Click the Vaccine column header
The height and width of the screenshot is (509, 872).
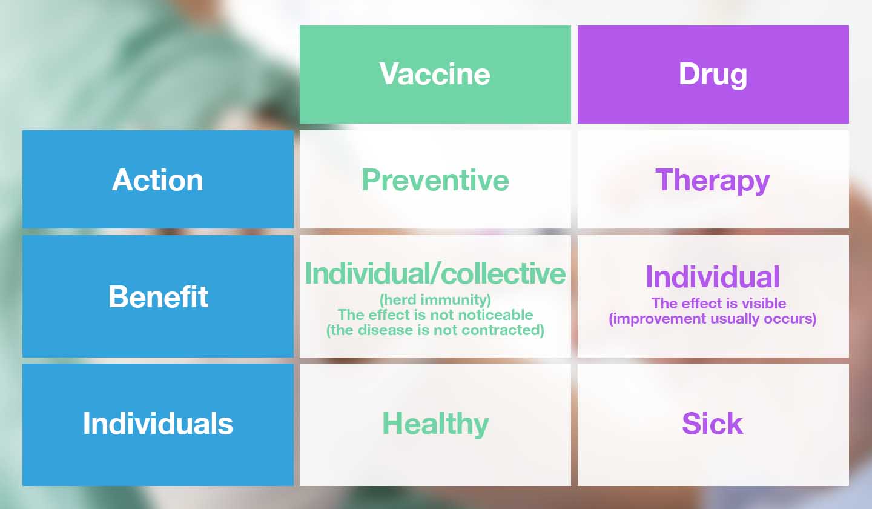[x=435, y=74]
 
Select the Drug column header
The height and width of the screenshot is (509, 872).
[x=713, y=74]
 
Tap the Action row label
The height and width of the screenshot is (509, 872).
[x=157, y=180]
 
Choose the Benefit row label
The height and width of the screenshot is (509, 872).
[x=158, y=296]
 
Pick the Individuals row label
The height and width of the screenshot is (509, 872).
[x=158, y=424]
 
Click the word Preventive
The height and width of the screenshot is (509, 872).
[x=435, y=180]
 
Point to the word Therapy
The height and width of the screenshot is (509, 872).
[x=713, y=180]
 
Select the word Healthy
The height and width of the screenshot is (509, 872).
[x=435, y=424]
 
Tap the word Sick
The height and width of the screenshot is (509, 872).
[x=713, y=424]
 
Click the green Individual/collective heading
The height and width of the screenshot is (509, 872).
[x=435, y=273]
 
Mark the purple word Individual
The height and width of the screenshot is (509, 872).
[x=713, y=277]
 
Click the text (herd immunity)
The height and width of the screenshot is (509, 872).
[x=435, y=299]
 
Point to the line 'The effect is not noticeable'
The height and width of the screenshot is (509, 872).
[x=435, y=314]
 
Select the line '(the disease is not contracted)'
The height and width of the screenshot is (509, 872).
[x=435, y=330]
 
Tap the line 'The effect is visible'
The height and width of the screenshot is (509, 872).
[x=718, y=303]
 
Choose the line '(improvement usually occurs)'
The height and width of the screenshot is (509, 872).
[x=713, y=319]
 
